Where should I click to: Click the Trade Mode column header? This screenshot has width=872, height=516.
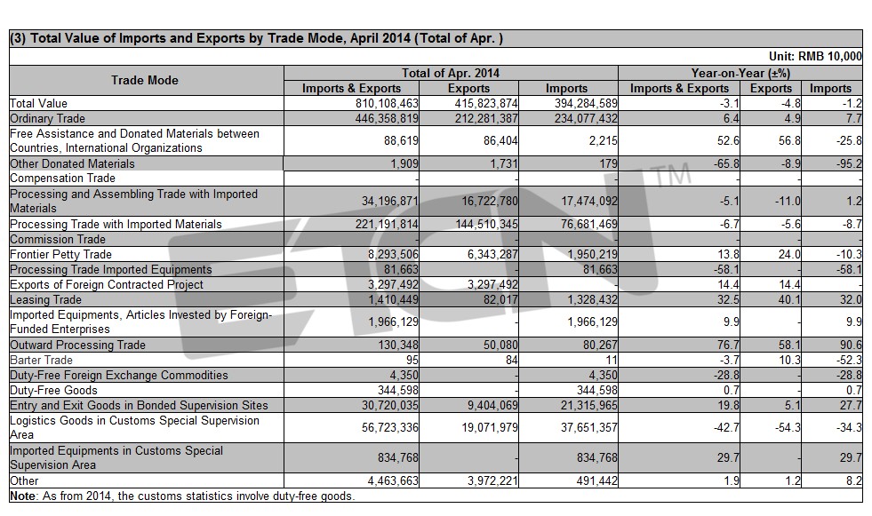coord(145,80)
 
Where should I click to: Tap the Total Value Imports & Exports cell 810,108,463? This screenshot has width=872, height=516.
coord(387,103)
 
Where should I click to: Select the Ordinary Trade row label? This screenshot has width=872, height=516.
coord(48,118)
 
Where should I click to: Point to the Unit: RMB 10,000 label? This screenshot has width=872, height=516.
coord(815,56)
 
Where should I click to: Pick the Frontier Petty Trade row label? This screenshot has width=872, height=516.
coord(61,254)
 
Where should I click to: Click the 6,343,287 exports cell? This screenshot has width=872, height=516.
coord(490,254)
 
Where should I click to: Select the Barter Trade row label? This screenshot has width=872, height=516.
coord(41,360)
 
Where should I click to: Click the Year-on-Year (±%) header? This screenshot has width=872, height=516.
coord(740,73)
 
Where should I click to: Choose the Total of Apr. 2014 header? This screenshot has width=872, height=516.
coord(451,73)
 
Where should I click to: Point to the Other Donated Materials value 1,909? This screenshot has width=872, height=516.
coord(404,163)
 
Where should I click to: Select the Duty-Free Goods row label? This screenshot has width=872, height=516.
coord(54,391)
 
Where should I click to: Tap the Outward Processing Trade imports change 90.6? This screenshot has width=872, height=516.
coord(851,345)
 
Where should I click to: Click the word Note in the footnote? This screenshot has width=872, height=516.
coord(23,496)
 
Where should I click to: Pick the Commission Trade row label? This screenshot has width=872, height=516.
coord(58,240)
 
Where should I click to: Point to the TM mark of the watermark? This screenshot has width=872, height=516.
coord(673,174)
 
